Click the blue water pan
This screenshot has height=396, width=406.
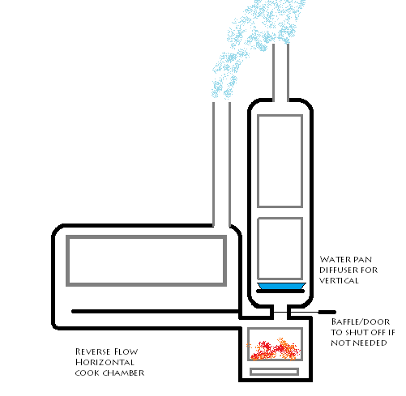point(281,286)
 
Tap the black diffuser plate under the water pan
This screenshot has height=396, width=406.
point(280,292)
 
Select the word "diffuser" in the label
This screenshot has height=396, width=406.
point(336,270)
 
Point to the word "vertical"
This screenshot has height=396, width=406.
point(339,281)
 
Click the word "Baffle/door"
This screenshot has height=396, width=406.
point(361,321)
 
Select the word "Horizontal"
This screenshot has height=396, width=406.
point(105,362)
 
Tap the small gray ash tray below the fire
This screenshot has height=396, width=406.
point(274,372)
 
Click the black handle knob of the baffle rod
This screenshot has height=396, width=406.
point(327,313)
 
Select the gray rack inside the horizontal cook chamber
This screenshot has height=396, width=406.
point(146,236)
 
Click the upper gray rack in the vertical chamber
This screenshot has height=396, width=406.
point(280,116)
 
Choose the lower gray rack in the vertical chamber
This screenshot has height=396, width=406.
point(280,218)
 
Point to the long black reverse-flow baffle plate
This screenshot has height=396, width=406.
point(156,312)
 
